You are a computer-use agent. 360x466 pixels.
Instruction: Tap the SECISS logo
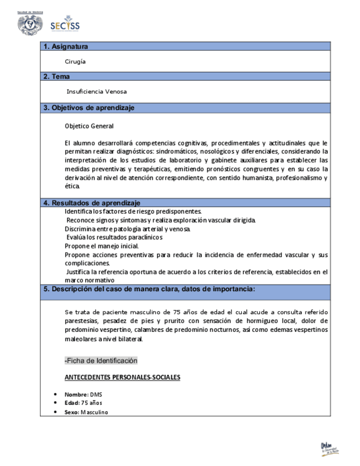coord(65,25)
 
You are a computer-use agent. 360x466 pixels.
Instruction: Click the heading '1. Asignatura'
coord(66,47)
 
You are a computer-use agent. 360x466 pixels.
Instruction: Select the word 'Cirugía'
coord(75,62)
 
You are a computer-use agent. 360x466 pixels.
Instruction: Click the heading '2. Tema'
coord(57,77)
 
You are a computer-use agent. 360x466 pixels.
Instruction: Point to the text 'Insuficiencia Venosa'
coord(96,92)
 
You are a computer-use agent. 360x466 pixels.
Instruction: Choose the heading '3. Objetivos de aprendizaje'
coord(89,108)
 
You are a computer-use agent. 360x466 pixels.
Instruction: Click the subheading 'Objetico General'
coord(89,126)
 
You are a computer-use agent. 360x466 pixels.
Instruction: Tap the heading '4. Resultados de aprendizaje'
coord(92,203)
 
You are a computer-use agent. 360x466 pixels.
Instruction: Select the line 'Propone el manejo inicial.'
coord(102,246)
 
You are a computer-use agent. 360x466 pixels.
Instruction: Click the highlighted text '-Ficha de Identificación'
coord(101,360)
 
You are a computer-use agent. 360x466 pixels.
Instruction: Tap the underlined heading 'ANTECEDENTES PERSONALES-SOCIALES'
coord(122,378)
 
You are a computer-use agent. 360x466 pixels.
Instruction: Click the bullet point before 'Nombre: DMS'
coord(56,395)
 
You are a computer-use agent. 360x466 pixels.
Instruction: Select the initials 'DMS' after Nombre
coord(96,395)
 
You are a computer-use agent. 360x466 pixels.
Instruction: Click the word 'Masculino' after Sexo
coord(94,412)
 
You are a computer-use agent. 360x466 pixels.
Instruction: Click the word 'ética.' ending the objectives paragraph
coord(72,186)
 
